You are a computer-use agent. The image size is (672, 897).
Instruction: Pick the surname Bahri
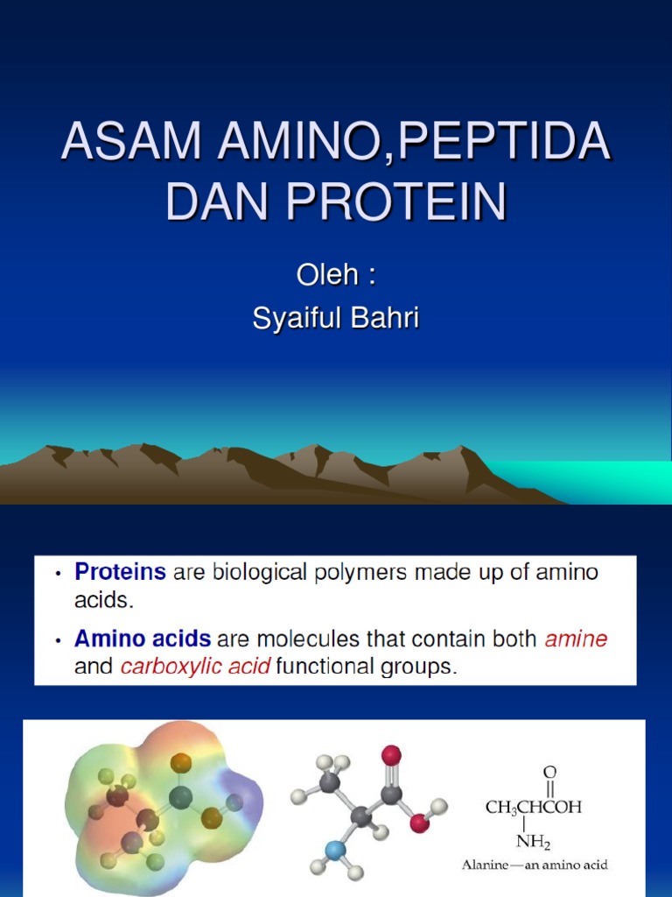tap(384, 318)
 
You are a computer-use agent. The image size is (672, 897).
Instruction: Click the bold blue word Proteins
tap(121, 573)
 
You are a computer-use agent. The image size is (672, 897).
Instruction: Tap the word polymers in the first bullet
tap(359, 574)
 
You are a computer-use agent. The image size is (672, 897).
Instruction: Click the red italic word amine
tap(576, 639)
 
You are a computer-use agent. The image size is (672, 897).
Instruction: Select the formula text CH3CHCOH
tap(533, 808)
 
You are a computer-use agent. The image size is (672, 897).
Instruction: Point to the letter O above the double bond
tap(549, 773)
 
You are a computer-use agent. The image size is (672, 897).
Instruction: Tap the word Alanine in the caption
tap(486, 865)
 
